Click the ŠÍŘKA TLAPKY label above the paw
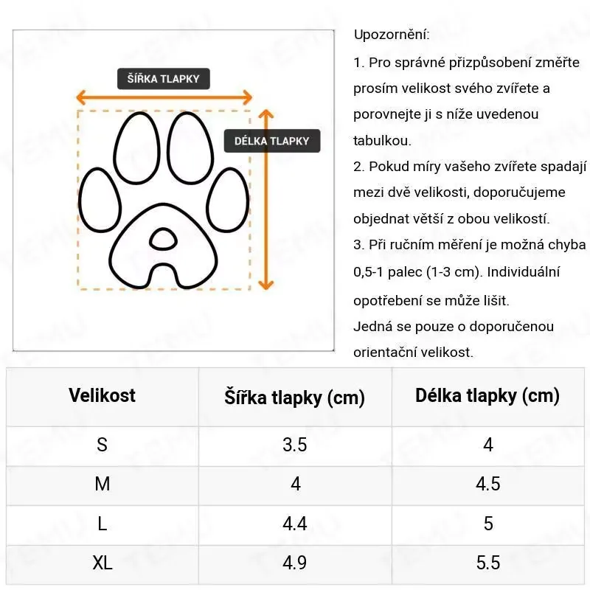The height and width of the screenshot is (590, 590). point(163,79)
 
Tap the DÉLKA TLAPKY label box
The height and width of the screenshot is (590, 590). point(271,141)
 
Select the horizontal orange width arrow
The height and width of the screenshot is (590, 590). point(164,97)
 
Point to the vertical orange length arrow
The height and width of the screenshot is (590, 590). point(266,199)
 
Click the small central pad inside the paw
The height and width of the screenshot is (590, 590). point(163,238)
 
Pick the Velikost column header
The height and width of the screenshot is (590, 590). point(103,395)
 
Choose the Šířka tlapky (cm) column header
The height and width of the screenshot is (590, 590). point(295,398)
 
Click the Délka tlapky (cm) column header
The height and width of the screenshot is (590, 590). point(487,396)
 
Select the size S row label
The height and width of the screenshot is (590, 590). point(103,445)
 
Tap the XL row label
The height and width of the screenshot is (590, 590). point(103,563)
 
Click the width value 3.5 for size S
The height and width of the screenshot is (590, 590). point(295,445)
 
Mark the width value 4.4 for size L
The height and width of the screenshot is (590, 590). point(295,524)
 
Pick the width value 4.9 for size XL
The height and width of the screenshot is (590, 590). point(295,563)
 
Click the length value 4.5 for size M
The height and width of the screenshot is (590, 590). point(487,484)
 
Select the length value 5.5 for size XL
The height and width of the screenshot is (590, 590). point(487,563)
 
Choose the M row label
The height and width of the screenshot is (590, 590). point(103,484)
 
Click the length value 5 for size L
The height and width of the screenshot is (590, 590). point(487,524)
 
